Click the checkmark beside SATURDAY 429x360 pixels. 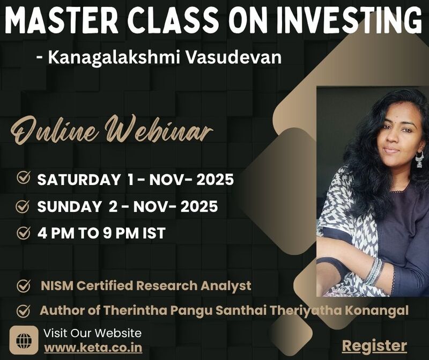click(x=23, y=179)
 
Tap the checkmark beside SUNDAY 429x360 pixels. click(x=23, y=206)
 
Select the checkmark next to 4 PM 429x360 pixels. click(x=23, y=233)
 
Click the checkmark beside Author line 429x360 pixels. click(x=23, y=311)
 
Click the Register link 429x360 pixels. click(x=374, y=345)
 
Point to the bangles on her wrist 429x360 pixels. click(x=374, y=271)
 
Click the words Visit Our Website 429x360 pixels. click(x=92, y=333)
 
